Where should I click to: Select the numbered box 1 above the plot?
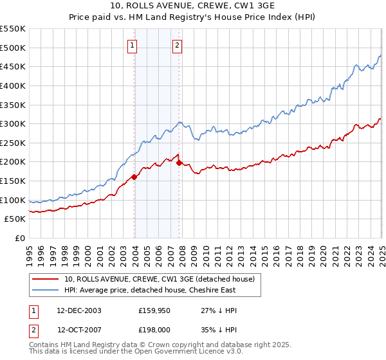pos(131,45)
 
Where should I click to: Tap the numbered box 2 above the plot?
pos(176,45)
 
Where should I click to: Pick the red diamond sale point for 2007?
pos(179,163)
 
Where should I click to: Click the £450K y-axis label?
pos(14,66)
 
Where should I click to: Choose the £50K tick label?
pos(15,219)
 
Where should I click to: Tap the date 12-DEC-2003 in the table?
pos(79,310)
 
